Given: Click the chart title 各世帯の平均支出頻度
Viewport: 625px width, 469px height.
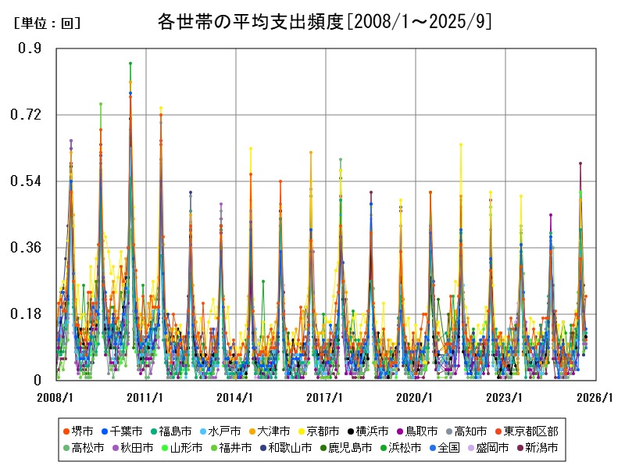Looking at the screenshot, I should (323, 21).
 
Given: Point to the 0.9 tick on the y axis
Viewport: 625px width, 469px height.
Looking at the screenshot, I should (30, 48).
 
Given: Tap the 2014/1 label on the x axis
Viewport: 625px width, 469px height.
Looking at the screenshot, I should (235, 398).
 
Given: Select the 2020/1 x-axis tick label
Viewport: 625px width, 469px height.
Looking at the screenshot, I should (415, 398).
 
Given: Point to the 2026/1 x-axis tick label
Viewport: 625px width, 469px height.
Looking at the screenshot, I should (595, 398).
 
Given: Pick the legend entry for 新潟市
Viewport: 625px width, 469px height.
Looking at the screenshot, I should (536, 448).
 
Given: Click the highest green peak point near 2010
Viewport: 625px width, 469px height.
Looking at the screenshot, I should (130, 63).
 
